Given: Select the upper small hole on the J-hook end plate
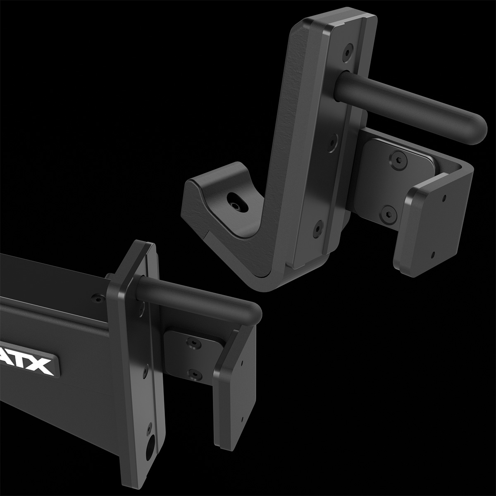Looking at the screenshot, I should click(x=444, y=199).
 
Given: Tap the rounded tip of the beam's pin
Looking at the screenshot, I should click(x=254, y=312).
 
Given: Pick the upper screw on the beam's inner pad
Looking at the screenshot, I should click(x=193, y=341).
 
